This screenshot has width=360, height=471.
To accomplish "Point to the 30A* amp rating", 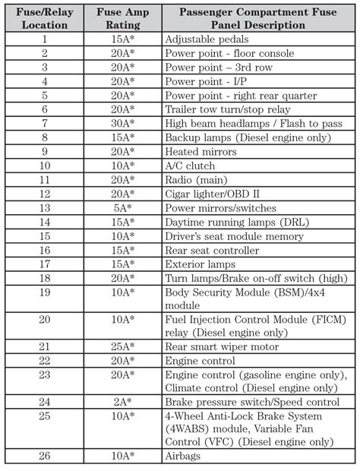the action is pos(121,123).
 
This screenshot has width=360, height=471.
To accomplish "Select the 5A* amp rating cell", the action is pos(121,208).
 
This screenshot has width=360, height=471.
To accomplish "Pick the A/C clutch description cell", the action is pos(189,166).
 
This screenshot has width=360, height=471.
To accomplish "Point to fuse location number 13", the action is pos(44,208).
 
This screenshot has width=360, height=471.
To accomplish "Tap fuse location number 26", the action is pos(44,456).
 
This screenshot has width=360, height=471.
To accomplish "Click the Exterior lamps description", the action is pos(200,264).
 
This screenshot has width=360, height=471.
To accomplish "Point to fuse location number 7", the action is pos(44,123).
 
